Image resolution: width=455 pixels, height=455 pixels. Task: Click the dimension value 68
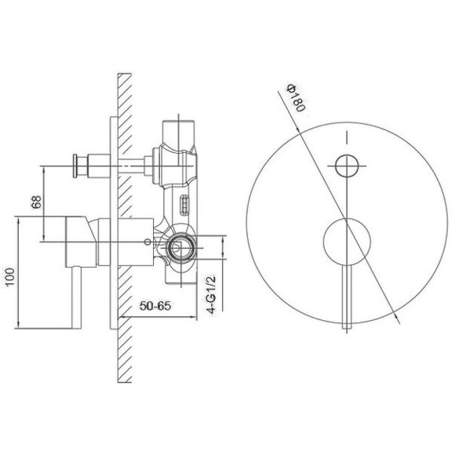(x=37, y=202)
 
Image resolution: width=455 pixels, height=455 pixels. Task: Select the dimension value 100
(x=10, y=277)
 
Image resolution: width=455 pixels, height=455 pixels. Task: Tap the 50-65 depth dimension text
(x=155, y=306)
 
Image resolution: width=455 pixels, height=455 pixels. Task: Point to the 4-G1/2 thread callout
(x=212, y=294)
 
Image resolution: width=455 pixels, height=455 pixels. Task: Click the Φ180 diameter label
(x=296, y=98)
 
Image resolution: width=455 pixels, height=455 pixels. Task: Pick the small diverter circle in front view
(x=347, y=166)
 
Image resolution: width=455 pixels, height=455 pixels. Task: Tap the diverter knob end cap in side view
(x=75, y=166)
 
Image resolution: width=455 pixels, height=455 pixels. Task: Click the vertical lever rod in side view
(x=76, y=298)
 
